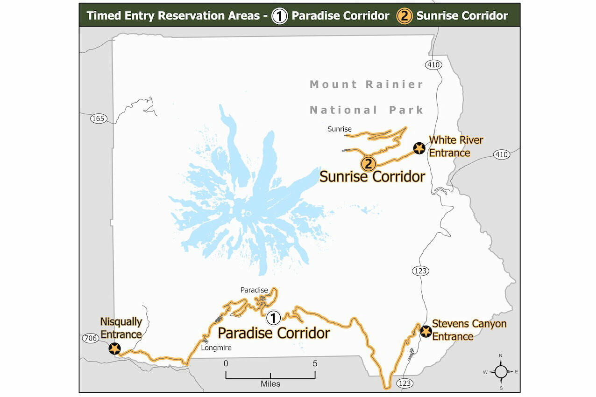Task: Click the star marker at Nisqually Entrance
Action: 114,348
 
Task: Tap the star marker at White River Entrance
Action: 419,148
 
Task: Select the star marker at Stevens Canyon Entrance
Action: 426,331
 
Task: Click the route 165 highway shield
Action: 98,118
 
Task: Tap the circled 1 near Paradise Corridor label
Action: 273,318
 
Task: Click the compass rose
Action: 501,372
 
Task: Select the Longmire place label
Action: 216,348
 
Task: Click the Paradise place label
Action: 254,290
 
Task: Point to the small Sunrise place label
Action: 340,129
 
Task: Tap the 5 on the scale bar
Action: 315,363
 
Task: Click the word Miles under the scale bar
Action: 270,383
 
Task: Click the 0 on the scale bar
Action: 226,363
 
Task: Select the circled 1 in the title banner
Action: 280,16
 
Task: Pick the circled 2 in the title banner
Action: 404,16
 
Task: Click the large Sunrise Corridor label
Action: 372,176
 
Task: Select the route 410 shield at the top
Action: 433,64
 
